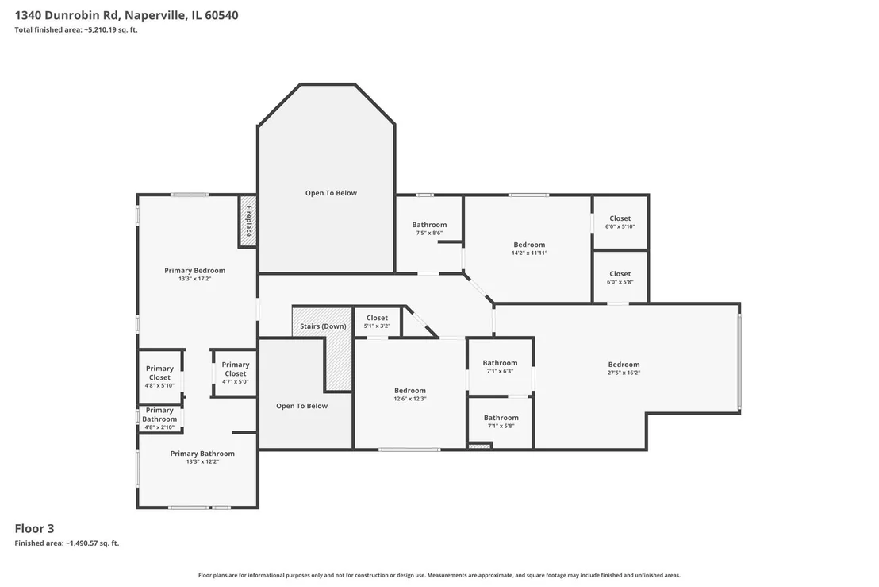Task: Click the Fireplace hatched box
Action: click(x=248, y=221)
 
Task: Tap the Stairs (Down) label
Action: click(x=323, y=326)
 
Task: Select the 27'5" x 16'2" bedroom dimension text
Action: click(x=624, y=373)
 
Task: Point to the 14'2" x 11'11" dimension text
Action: click(x=529, y=253)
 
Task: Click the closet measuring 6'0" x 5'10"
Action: click(x=620, y=222)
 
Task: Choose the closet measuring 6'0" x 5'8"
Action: click(x=620, y=276)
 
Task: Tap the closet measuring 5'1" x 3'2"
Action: click(x=377, y=322)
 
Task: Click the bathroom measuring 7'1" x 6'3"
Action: click(x=500, y=366)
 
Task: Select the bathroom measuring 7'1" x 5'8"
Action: click(x=501, y=422)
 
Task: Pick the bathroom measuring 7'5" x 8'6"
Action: click(x=429, y=234)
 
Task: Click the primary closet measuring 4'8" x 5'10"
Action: click(x=159, y=377)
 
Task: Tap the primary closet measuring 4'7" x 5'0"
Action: click(x=235, y=373)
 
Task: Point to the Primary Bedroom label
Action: click(x=194, y=271)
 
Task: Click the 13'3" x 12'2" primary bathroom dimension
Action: click(x=202, y=461)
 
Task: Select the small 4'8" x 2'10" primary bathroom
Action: click(x=159, y=419)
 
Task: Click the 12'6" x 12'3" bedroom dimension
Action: click(x=410, y=399)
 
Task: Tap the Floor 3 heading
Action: click(x=34, y=529)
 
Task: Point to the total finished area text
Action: click(x=75, y=29)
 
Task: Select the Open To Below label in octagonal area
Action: click(x=331, y=193)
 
